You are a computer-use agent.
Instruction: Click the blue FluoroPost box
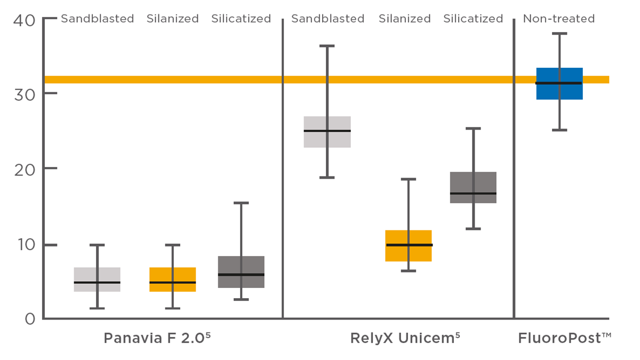pyautogui.click(x=559, y=91)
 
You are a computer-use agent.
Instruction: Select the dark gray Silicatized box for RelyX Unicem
pyautogui.click(x=473, y=181)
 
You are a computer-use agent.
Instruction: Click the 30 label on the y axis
pyautogui.click(x=23, y=95)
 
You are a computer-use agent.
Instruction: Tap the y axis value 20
pyautogui.click(x=23, y=170)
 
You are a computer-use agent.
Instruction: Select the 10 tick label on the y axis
pyautogui.click(x=23, y=245)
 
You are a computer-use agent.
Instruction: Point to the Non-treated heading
pyautogui.click(x=558, y=19)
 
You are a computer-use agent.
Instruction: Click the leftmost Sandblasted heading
pyautogui.click(x=97, y=19)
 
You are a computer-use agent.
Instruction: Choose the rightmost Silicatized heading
pyautogui.click(x=473, y=19)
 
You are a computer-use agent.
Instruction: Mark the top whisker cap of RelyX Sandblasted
pyautogui.click(x=327, y=46)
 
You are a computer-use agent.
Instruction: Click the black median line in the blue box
pyautogui.click(x=559, y=83)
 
